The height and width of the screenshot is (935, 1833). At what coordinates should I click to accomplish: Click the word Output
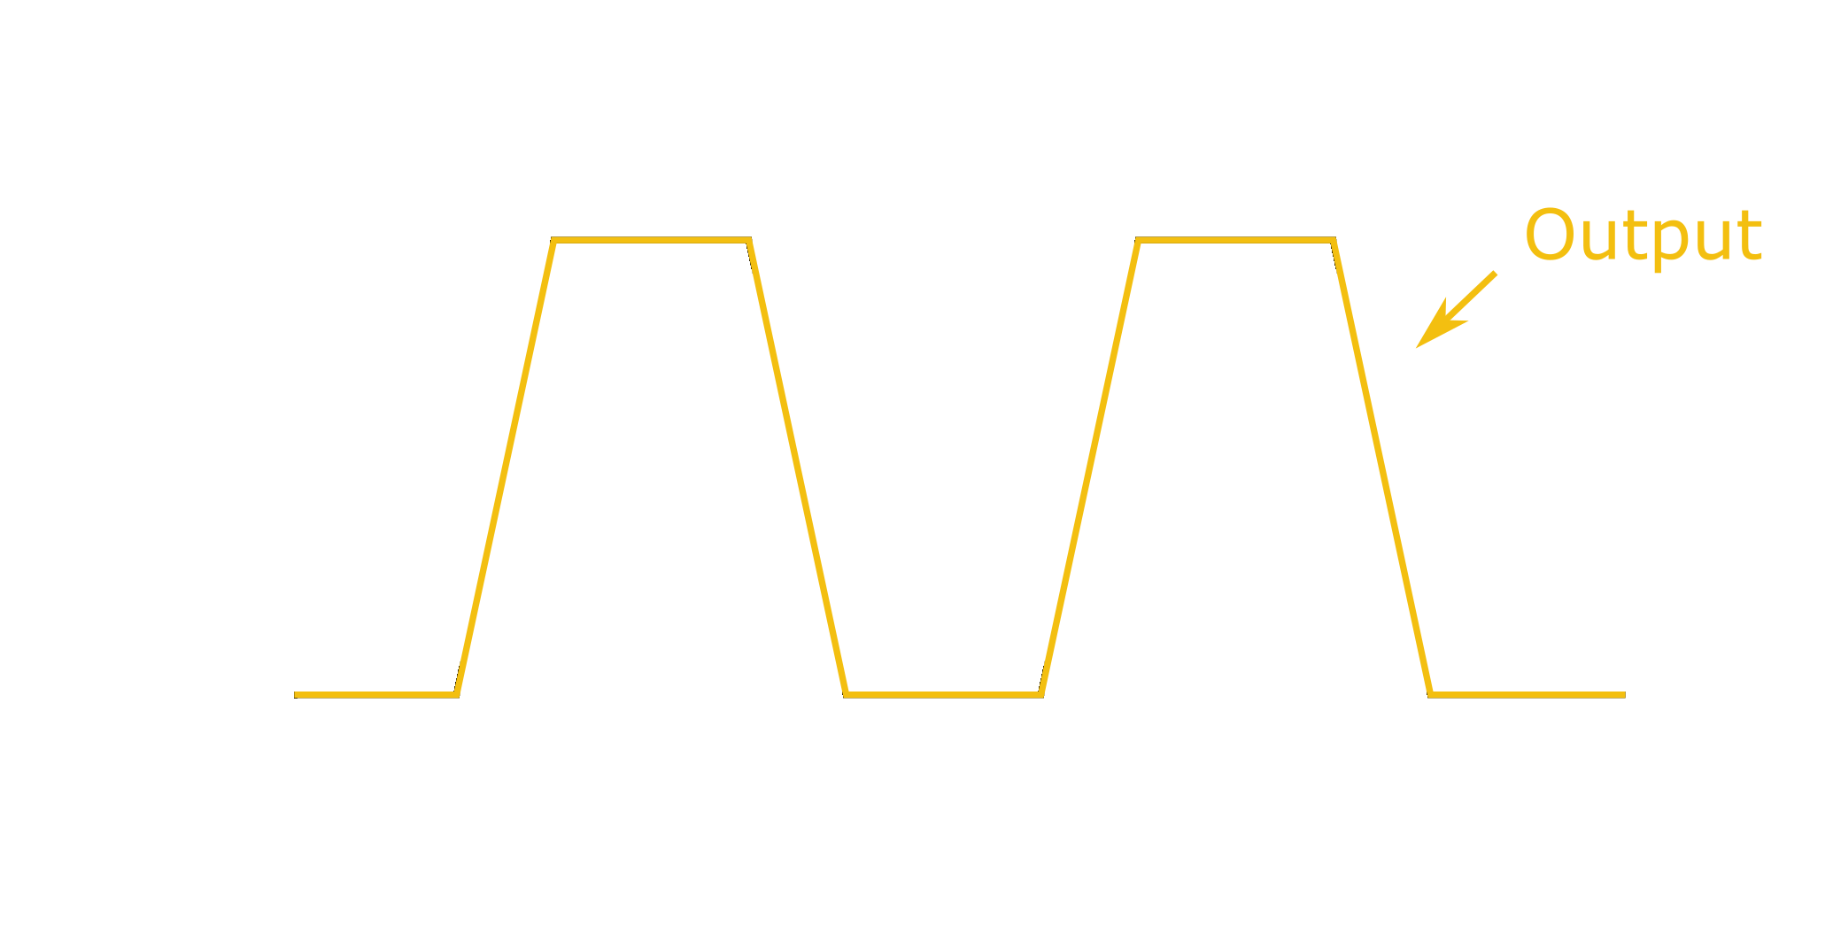1643,237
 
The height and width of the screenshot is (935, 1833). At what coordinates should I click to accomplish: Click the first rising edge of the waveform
505,467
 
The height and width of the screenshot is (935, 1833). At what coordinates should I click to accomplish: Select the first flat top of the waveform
651,240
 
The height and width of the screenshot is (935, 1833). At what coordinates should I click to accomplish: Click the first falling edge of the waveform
798,467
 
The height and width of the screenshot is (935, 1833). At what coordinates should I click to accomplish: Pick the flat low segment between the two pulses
943,695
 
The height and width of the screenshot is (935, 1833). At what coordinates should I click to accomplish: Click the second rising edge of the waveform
1089,467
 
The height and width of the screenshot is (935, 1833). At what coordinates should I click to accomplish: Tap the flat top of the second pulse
1235,240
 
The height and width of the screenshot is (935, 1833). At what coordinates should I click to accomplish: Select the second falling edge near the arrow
1382,467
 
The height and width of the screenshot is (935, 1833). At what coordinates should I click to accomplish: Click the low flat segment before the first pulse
375,695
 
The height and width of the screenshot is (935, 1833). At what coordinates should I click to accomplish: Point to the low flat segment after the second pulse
1527,695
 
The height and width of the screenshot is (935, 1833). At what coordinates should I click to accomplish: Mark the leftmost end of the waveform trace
295,695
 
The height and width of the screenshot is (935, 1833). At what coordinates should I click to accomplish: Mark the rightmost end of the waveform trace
1625,695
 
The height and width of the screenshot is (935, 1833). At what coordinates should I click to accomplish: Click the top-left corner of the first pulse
553,240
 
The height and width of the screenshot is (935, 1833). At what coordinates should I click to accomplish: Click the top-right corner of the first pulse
749,240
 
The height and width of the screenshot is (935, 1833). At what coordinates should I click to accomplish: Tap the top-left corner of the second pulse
1138,240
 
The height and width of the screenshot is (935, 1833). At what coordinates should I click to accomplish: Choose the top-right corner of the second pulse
1334,240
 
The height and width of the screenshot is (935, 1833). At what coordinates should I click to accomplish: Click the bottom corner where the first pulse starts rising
456,695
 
